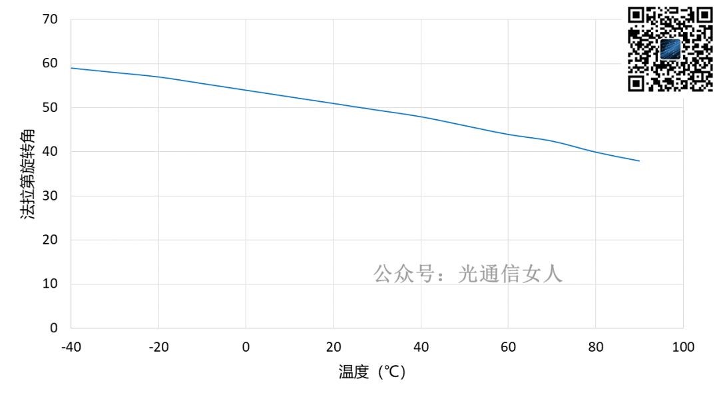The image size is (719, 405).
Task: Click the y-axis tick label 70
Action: click(51, 19)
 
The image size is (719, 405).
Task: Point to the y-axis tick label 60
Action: click(51, 63)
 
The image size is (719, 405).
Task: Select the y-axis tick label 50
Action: click(51, 107)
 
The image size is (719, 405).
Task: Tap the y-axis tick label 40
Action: click(51, 152)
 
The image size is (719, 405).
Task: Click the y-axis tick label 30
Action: click(51, 196)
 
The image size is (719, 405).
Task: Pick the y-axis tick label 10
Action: click(51, 284)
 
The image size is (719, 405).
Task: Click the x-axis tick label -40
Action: click(71, 347)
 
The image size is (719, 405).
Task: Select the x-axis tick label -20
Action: click(158, 347)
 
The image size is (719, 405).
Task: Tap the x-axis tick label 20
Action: click(333, 347)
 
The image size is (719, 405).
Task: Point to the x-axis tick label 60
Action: click(508, 347)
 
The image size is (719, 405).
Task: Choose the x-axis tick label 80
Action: click(595, 347)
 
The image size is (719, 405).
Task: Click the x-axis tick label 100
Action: click(682, 347)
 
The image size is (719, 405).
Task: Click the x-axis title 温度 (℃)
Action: click(372, 372)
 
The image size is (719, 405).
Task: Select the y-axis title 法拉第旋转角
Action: click(28, 173)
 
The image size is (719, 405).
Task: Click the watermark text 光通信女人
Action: click(511, 273)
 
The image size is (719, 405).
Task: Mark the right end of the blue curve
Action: click(639, 161)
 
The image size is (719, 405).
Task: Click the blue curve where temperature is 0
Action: click(246, 90)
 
